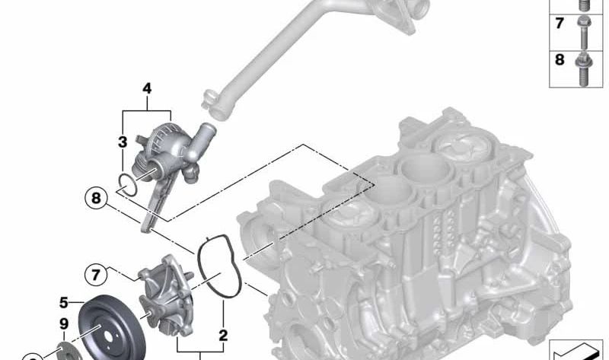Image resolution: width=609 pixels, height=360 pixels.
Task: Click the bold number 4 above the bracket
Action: pos(147,89)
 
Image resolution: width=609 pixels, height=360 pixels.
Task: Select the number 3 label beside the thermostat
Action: pos(123,142)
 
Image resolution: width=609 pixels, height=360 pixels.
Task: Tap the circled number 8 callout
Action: pos(96,199)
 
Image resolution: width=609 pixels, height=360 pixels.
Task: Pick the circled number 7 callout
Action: pos(96,275)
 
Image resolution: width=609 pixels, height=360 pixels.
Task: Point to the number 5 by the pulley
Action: pos(64,302)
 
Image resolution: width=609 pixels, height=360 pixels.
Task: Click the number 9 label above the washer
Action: pos(64,324)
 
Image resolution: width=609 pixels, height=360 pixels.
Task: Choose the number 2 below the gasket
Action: pos(223,336)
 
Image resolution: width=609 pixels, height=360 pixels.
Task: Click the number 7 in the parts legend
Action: pos(560,24)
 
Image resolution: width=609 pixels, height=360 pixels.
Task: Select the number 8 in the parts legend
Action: pos(560,60)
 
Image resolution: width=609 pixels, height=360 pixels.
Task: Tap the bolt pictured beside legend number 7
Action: pos(583,32)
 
